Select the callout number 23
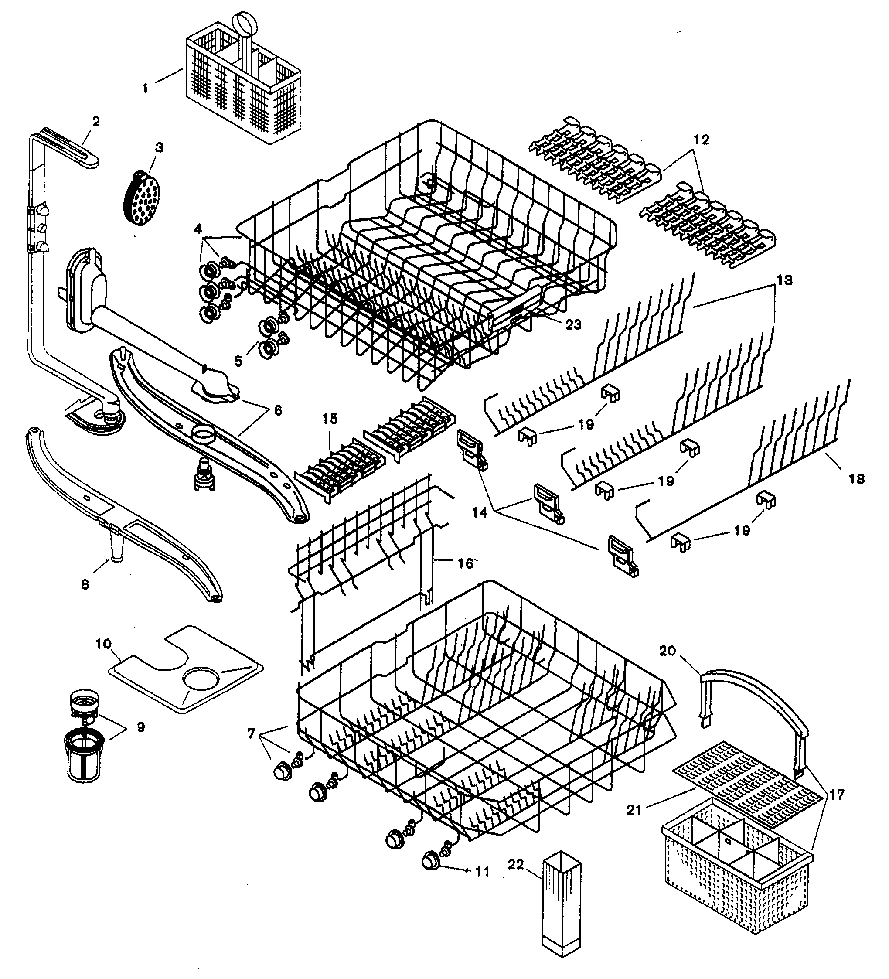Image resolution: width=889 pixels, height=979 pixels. pyautogui.click(x=573, y=324)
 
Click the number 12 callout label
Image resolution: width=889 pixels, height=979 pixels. pyautogui.click(x=701, y=140)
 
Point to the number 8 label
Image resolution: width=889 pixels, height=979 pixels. pyautogui.click(x=85, y=584)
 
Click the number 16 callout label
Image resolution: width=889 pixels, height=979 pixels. pyautogui.click(x=465, y=563)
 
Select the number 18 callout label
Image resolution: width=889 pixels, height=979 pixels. pyautogui.click(x=856, y=479)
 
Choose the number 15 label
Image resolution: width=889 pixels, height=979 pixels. pyautogui.click(x=330, y=419)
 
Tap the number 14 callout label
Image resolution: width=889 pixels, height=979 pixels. pyautogui.click(x=480, y=512)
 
